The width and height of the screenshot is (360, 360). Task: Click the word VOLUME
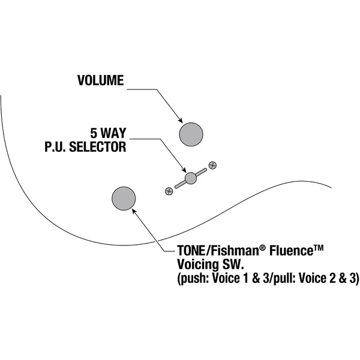click(101, 80)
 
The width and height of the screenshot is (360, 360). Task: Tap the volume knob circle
click(191, 134)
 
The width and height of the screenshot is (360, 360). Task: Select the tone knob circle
click(124, 199)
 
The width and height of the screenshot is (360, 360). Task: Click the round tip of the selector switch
click(191, 178)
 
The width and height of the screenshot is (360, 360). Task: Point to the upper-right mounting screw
click(212, 165)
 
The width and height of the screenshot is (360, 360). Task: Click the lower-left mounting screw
click(169, 191)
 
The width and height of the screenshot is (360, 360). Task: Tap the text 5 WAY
click(108, 133)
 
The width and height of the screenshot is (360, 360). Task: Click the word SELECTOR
click(98, 147)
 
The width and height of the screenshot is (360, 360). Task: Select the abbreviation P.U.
click(55, 147)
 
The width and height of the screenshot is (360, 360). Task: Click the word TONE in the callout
click(191, 250)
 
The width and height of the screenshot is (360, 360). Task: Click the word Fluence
click(291, 250)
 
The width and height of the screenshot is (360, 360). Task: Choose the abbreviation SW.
click(233, 265)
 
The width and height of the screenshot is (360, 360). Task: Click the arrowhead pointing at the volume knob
click(181, 121)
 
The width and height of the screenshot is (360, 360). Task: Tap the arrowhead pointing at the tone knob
click(134, 211)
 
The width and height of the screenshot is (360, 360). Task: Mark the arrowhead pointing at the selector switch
click(184, 170)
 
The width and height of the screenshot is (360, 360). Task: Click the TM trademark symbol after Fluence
click(318, 248)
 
